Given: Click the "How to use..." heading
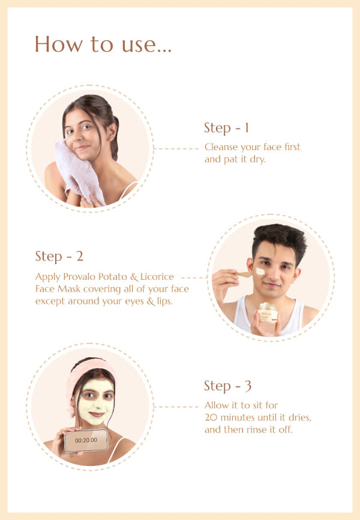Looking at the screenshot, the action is (x=103, y=44).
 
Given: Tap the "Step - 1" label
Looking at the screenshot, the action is (x=226, y=128).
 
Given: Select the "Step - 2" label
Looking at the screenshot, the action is (x=59, y=256).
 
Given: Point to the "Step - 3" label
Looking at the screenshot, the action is (x=228, y=386).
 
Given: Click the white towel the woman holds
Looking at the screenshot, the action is (x=78, y=172).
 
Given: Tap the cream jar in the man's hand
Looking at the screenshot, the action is (x=268, y=313).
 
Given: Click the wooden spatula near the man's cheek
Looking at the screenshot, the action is (x=244, y=274).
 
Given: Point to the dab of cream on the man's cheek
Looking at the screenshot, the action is (x=260, y=271).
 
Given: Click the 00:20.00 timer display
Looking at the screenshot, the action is (x=86, y=440).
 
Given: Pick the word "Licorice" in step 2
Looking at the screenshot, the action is (x=157, y=277).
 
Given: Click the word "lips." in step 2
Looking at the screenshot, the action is (x=164, y=301).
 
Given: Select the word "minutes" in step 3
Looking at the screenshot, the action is (x=238, y=417).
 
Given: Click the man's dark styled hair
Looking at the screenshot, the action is (x=279, y=240).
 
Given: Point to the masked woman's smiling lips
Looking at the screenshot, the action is (x=97, y=414).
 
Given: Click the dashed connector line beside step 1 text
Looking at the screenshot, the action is (x=176, y=148).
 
